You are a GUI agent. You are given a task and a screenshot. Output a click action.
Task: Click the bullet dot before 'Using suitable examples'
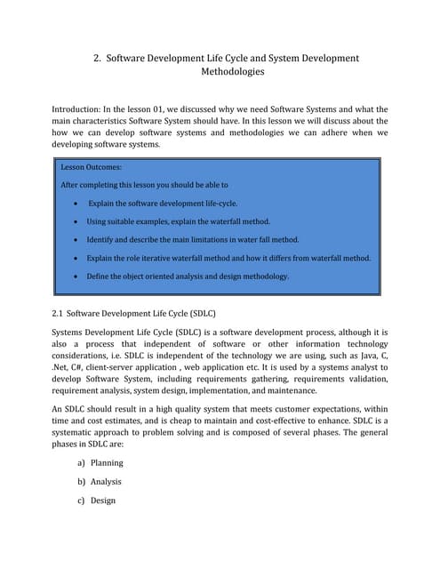tap(78, 221)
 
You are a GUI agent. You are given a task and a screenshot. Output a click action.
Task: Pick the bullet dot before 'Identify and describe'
tap(78, 240)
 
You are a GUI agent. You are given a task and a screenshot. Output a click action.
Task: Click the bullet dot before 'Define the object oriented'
tap(78, 276)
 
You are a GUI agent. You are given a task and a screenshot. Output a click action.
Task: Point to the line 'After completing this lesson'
tap(143, 185)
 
